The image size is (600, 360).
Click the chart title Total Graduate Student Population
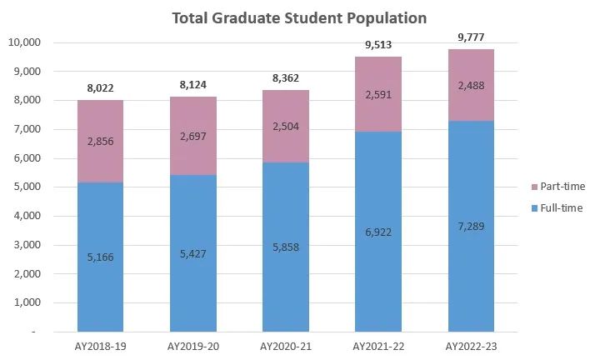(299, 17)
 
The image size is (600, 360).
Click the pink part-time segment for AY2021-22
(378, 94)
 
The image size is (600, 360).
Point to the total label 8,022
(100, 87)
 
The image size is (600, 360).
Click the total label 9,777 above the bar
(471, 37)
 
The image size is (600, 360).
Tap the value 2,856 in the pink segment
(100, 142)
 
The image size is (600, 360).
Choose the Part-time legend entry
(561, 186)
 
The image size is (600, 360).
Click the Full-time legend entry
(561, 207)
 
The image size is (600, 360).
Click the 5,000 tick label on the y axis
(31, 187)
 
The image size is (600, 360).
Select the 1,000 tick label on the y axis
(31, 302)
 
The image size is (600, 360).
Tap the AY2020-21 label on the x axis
(285, 345)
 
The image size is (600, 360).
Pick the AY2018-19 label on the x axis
(100, 345)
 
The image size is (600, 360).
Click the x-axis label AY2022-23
(471, 345)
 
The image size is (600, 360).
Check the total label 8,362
(285, 77)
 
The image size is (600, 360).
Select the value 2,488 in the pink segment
(471, 84)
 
